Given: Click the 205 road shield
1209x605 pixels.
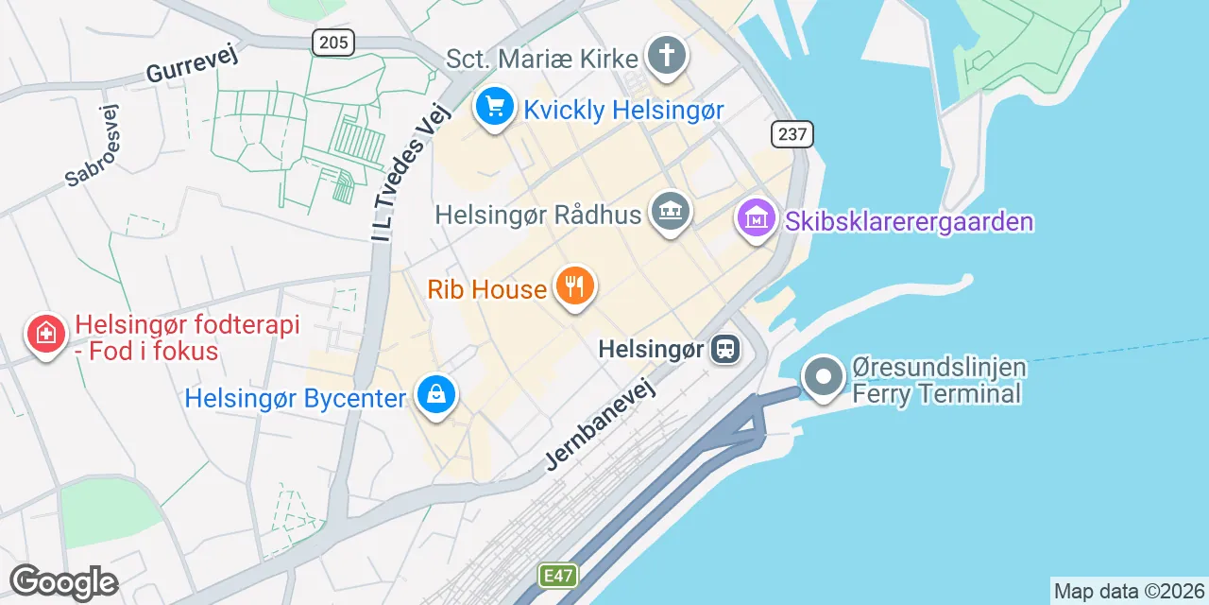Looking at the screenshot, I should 332,42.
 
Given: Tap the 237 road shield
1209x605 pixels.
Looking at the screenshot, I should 792,134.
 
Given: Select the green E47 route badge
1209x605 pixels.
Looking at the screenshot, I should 558,575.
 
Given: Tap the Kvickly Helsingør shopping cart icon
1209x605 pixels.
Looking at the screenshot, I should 495,107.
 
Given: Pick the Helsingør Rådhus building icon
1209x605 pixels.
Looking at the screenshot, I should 671,212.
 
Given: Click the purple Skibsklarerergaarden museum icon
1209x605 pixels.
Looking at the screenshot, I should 756,219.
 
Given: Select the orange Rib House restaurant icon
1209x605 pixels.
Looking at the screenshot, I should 573,285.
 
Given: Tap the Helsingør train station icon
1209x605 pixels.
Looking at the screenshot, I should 725,350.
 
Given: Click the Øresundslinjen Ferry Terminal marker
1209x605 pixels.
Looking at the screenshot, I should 824,377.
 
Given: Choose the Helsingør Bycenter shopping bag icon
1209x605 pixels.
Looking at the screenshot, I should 436,395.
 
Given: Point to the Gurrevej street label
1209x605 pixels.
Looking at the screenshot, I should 192,64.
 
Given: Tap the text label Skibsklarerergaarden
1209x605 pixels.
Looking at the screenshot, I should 908,222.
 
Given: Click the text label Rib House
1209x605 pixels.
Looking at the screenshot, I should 487,288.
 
